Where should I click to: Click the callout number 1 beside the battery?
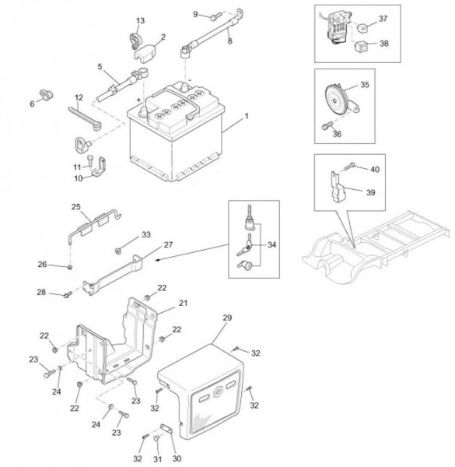coord(246,116)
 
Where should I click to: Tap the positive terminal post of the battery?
coord(143,112)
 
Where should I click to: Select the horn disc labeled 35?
coord(336,99)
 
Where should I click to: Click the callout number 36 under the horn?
coord(337,134)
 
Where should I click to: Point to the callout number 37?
coord(383,19)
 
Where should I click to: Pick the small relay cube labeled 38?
coord(360,45)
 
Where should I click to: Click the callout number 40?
coord(375,170)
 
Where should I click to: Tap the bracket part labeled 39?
coord(337,186)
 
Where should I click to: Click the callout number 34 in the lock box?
coord(271,245)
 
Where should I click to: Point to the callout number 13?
coord(141,20)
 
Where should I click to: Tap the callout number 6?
coord(32,104)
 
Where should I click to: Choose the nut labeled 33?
coord(118,251)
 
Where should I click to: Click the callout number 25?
coord(76,207)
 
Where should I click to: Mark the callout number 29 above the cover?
coord(227,318)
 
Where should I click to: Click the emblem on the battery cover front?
coord(218,392)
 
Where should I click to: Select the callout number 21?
coord(183,303)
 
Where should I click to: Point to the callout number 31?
coord(157,459)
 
